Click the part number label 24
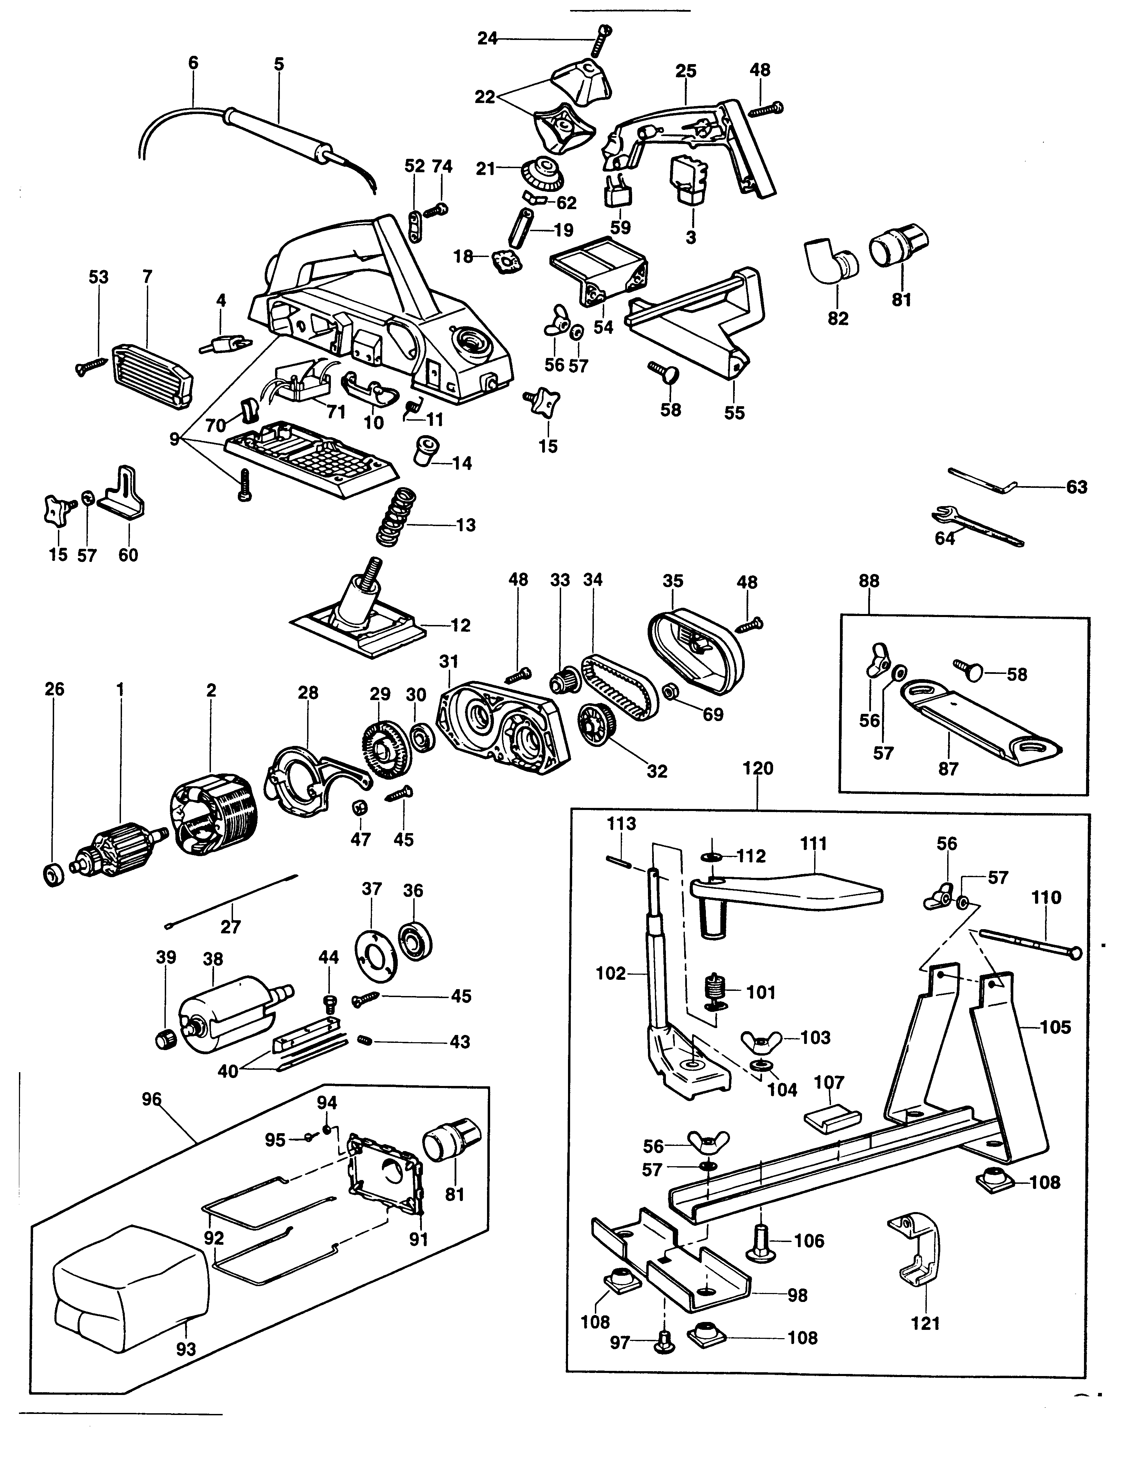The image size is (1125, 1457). coord(487,39)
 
